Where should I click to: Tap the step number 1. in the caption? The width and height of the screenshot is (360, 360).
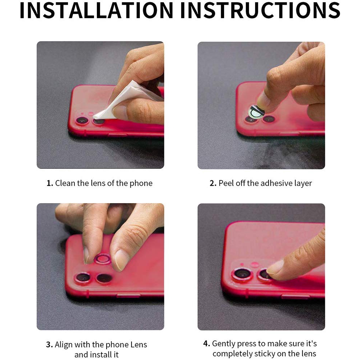click(50, 183)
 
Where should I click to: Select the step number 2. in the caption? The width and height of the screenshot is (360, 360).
click(213, 183)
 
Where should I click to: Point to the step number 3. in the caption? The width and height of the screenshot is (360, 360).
click(50, 344)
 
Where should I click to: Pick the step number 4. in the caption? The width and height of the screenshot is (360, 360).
click(207, 343)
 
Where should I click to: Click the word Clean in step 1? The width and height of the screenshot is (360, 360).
click(65, 183)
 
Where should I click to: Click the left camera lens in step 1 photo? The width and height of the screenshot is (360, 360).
click(82, 121)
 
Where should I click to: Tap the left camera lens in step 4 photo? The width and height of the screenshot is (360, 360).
click(242, 274)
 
